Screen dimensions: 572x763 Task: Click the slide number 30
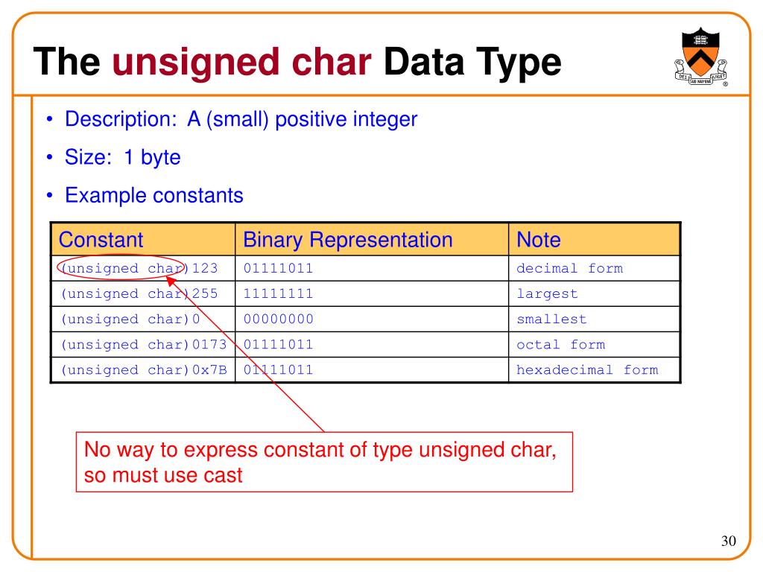click(x=728, y=541)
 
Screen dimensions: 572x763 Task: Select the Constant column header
click(x=101, y=240)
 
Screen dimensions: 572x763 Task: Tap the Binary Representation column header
click(x=348, y=240)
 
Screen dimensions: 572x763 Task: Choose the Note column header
click(x=539, y=240)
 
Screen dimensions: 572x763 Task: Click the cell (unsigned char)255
click(x=139, y=293)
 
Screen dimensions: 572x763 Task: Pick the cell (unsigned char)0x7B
click(x=143, y=369)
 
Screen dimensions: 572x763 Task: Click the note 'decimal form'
click(x=569, y=268)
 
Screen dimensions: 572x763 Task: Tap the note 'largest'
click(x=547, y=293)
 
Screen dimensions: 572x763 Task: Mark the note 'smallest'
click(x=551, y=319)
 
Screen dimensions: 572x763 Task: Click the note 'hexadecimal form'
click(x=587, y=369)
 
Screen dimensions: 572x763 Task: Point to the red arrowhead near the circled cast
click(x=170, y=281)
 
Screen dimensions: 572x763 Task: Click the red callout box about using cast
click(x=324, y=462)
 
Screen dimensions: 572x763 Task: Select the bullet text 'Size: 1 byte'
click(x=122, y=158)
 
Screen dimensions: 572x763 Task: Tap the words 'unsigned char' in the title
click(x=241, y=62)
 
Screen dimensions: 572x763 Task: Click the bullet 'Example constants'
click(x=153, y=196)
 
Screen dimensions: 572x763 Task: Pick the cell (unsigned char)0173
click(x=143, y=344)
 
